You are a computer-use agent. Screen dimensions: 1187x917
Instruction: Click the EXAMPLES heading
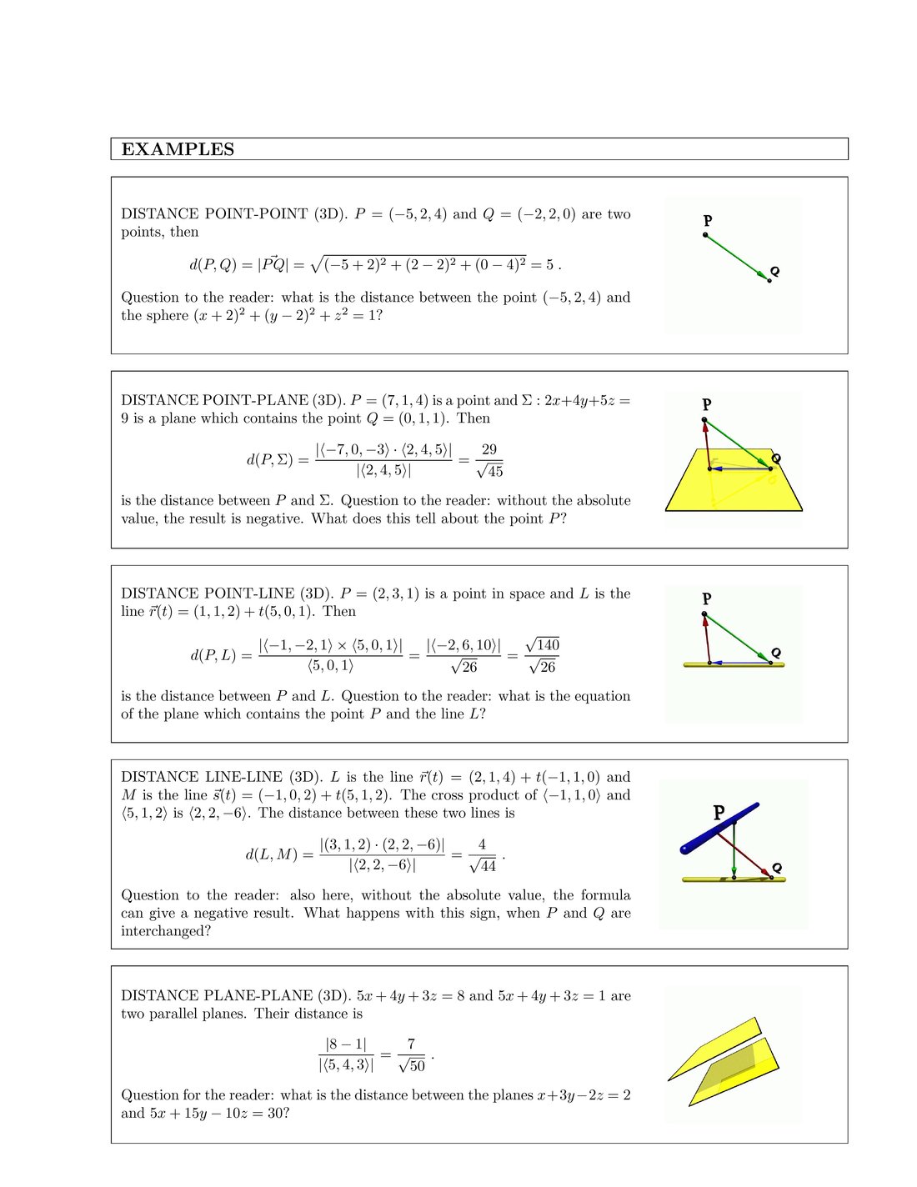coord(178,149)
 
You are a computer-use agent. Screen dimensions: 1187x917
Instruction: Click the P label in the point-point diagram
coord(708,221)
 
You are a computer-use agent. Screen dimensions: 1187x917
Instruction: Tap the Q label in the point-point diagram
coord(774,271)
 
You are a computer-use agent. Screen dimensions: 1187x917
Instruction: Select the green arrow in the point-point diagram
coord(736,257)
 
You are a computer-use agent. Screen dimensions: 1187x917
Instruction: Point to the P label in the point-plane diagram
coord(707,404)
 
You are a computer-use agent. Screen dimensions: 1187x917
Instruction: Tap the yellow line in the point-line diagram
coord(734,664)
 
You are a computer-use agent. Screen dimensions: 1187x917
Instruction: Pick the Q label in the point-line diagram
coord(776,653)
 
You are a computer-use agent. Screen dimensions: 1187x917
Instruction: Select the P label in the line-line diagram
coord(719,812)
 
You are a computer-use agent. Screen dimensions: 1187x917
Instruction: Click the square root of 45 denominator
coord(489,471)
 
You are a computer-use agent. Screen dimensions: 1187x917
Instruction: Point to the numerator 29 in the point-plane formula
coord(489,449)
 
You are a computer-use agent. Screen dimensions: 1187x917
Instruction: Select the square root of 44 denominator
coord(483,865)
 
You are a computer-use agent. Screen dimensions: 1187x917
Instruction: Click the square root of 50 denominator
coord(412,1065)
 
